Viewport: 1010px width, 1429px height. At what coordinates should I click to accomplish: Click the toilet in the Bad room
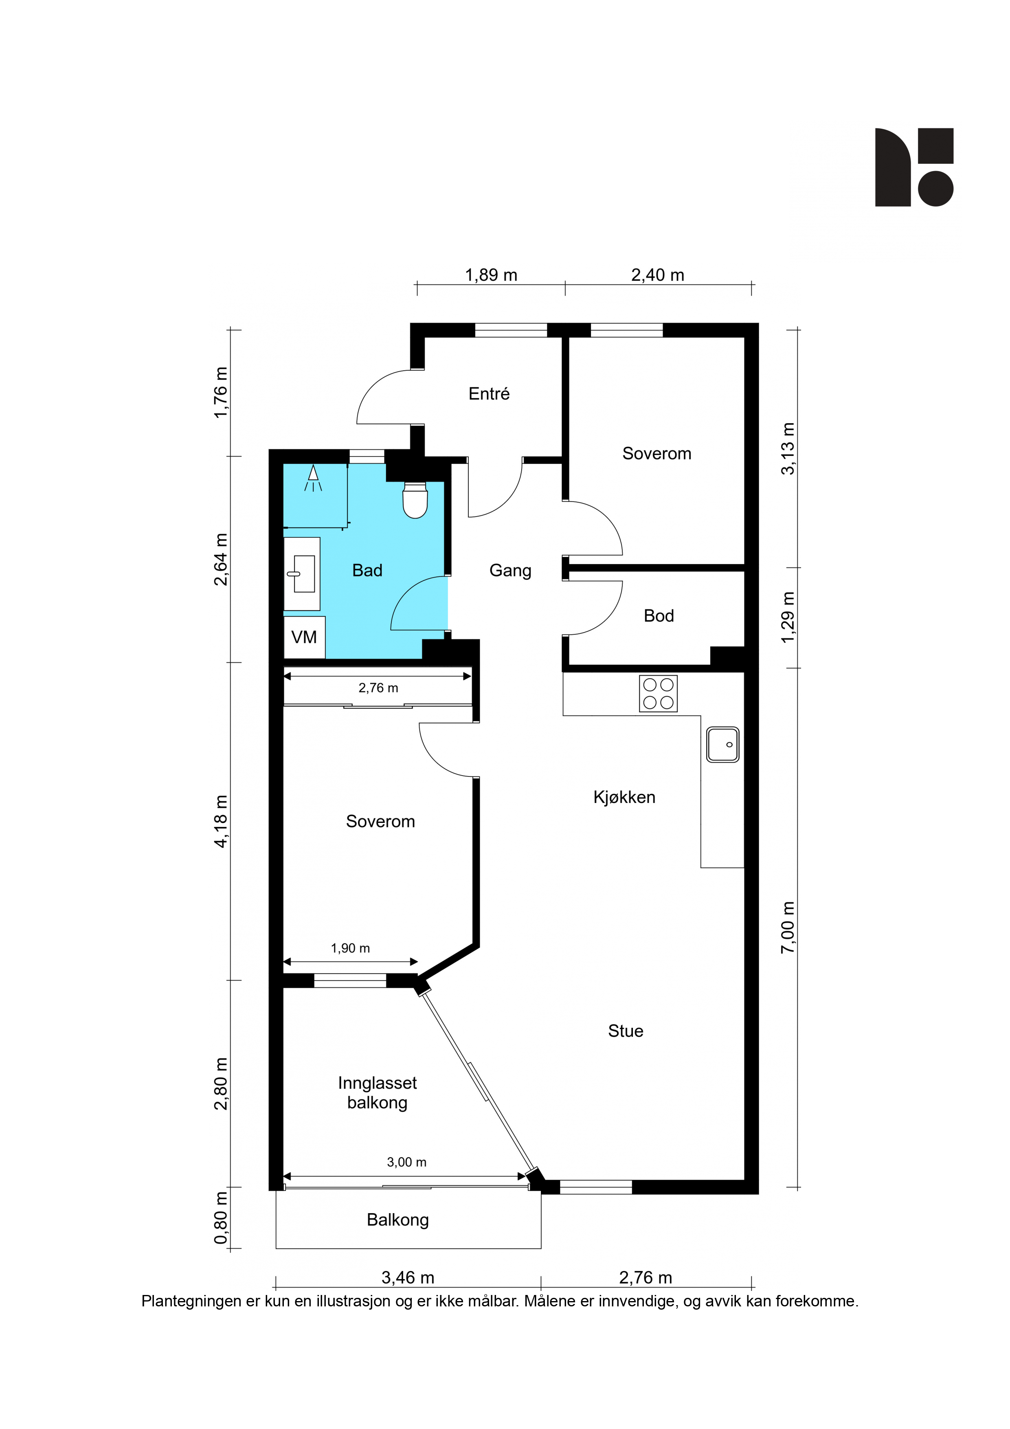pos(415,500)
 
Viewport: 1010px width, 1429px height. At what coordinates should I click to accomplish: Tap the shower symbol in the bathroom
pos(313,477)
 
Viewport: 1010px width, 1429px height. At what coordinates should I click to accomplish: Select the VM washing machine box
pos(304,638)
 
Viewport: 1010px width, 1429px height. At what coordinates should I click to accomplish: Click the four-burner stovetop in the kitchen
pos(658,693)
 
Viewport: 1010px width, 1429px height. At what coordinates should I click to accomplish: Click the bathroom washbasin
pos(302,573)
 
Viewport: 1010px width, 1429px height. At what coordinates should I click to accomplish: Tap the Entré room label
pos(489,394)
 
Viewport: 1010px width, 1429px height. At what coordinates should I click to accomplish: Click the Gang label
pos(510,571)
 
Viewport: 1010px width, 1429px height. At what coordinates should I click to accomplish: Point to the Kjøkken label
pos(624,797)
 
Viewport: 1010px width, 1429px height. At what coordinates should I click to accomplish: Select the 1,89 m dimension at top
pos(491,275)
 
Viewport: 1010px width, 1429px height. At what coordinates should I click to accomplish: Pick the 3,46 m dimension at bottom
pos(408,1278)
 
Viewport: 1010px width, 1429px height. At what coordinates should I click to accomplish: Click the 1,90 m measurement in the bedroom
pos(350,948)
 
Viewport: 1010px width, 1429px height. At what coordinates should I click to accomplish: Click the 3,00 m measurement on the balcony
pos(406,1162)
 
